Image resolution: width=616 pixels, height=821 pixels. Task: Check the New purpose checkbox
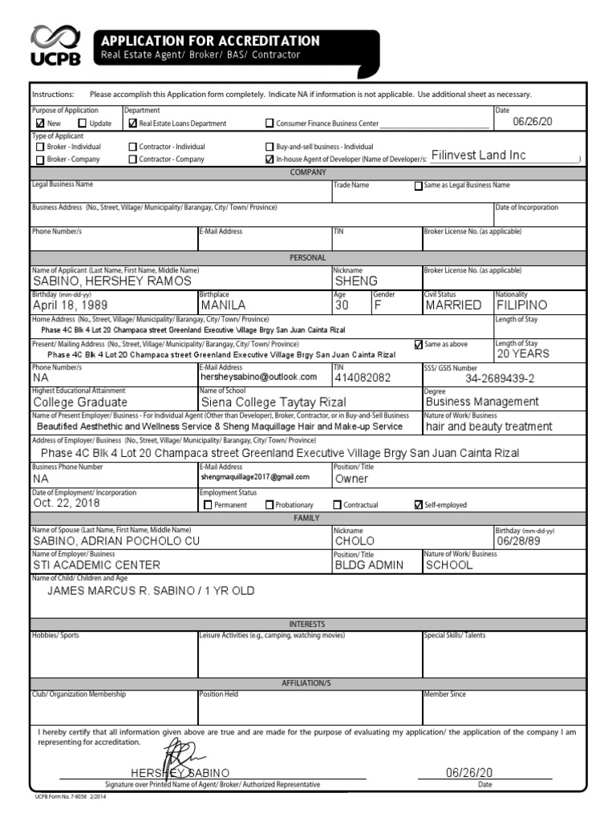40,123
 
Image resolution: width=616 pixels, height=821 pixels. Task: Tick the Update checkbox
82,123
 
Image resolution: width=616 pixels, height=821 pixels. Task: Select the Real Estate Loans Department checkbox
133,123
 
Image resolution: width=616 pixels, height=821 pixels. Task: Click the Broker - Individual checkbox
40,147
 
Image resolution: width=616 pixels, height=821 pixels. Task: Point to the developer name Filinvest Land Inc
478,156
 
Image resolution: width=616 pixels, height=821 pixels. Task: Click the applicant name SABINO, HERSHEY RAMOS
111,281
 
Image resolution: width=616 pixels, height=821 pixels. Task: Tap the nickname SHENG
356,281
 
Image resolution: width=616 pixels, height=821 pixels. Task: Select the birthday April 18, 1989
70,305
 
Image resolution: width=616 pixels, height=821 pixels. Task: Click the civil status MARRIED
453,305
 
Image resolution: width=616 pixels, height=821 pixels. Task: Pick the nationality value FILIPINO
521,305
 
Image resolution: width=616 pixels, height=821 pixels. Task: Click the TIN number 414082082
363,377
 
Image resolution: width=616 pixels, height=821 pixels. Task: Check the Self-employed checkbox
418,505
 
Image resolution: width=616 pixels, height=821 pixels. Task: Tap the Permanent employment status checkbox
209,505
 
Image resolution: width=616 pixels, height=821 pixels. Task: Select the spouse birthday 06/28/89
515,541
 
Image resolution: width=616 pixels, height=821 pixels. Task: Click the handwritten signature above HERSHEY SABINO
183,758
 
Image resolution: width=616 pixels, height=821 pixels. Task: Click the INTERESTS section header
307,624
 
